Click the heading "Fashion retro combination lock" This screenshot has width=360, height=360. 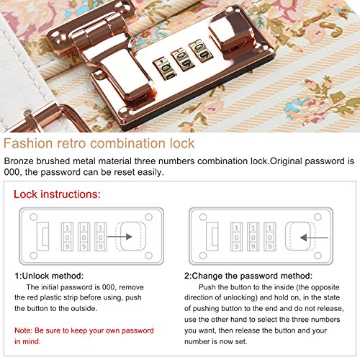click(99, 143)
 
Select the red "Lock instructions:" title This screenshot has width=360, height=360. click(57, 194)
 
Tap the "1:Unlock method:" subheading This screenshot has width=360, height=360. click(49, 276)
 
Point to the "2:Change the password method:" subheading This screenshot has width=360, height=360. click(248, 276)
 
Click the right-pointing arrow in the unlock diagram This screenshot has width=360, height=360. click(120, 237)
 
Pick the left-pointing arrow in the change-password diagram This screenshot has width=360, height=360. click(314, 238)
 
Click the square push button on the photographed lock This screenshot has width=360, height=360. click(228, 40)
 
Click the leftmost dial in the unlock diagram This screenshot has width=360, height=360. click(67, 237)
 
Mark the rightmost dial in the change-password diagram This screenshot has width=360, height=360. click(270, 237)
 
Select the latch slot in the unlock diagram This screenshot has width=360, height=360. click(42, 236)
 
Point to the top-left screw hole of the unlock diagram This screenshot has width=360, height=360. click(34, 217)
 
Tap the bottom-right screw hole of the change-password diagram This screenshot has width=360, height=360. click(318, 256)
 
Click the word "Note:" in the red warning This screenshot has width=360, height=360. click(23, 330)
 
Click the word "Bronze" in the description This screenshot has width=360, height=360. click(19, 161)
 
